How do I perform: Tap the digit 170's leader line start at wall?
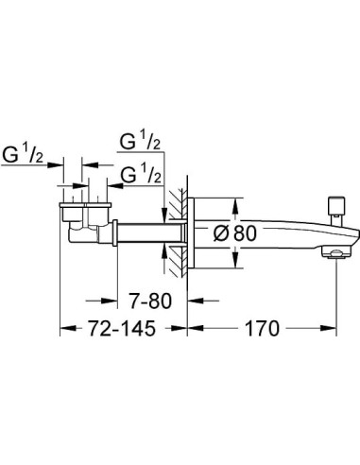[186, 329]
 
